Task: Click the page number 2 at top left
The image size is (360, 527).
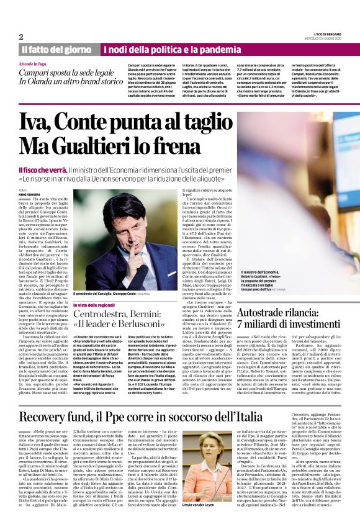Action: [21, 37]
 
